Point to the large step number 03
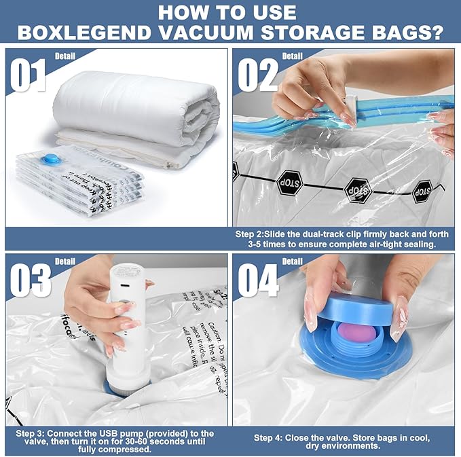point(31,280)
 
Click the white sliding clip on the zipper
point(351,104)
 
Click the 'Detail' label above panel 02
point(292,56)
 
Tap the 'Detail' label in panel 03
point(65,261)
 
